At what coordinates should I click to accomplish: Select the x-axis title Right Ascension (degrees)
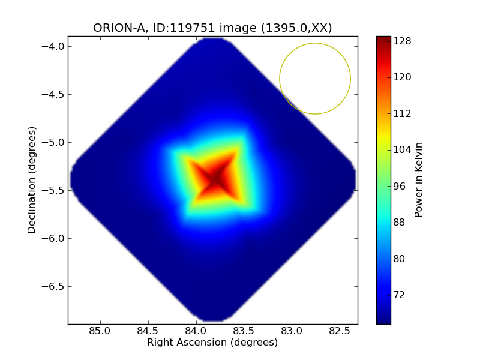click(212, 343)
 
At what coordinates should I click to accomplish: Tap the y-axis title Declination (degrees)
click(32, 180)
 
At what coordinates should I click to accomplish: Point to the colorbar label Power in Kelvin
click(419, 179)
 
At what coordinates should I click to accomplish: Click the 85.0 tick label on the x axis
click(100, 331)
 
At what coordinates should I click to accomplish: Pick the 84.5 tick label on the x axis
click(148, 331)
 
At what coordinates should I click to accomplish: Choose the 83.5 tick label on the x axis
click(244, 331)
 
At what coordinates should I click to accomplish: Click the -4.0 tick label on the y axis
click(53, 46)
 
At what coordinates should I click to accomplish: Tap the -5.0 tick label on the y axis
click(53, 142)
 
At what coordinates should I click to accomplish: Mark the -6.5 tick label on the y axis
click(53, 286)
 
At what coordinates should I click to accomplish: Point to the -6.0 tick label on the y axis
click(53, 238)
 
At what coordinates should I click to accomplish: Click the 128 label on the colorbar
click(402, 41)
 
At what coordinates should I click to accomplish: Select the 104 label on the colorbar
click(402, 149)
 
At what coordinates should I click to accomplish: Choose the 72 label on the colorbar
click(400, 295)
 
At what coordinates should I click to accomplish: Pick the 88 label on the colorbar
click(400, 222)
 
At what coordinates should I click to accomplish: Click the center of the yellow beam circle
click(315, 79)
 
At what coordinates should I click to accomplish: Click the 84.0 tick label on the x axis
click(196, 331)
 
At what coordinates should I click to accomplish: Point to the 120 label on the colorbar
click(402, 77)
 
